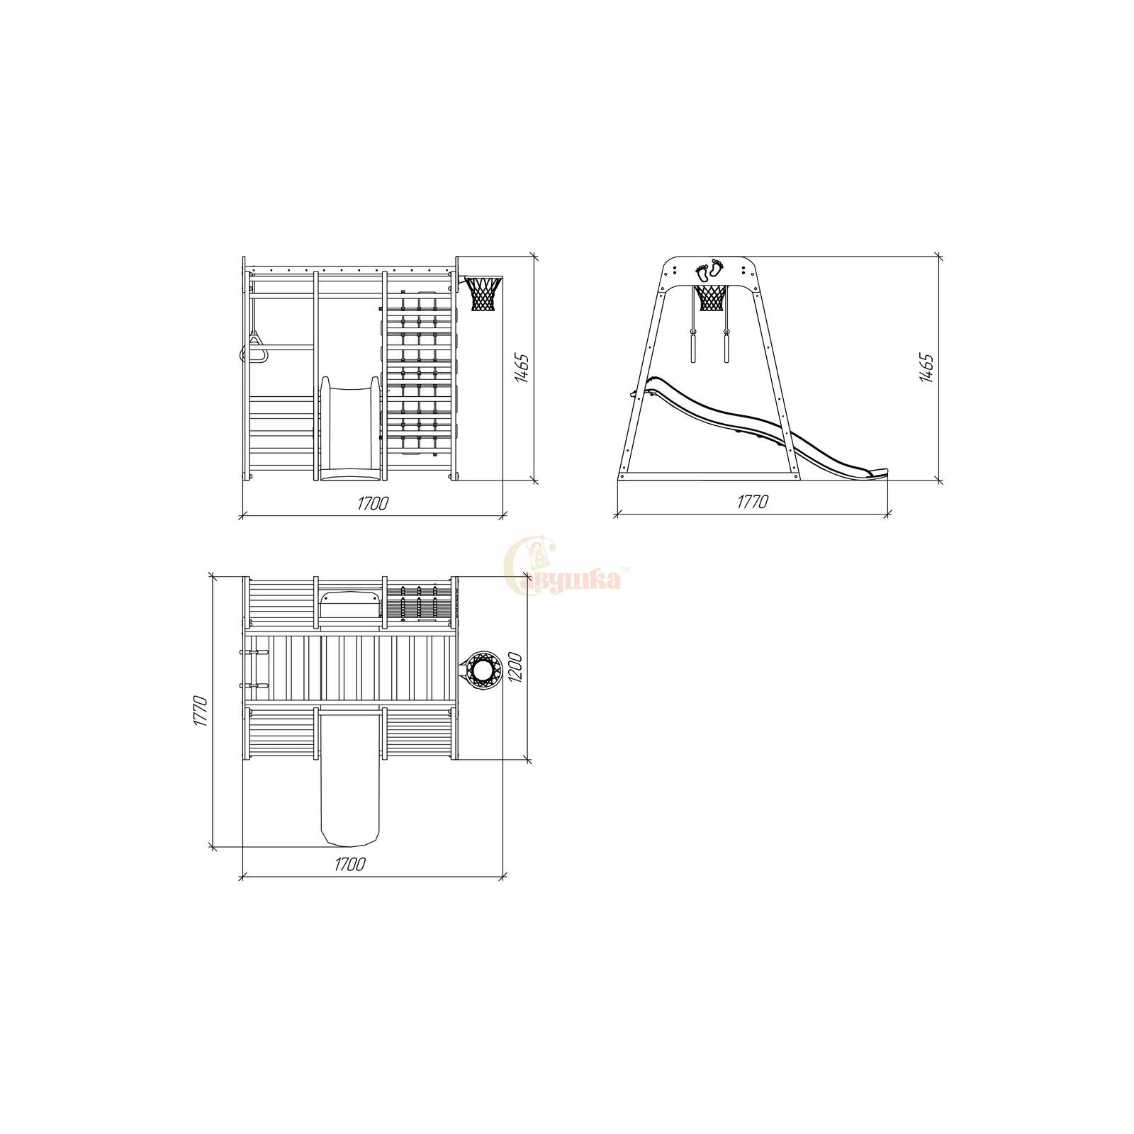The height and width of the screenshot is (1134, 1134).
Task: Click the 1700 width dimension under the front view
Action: pos(373,503)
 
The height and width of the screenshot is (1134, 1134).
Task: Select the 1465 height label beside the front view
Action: pos(522,368)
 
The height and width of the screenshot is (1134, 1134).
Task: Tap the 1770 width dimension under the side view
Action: pos(753,503)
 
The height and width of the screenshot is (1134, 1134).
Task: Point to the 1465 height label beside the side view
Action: pos(926,367)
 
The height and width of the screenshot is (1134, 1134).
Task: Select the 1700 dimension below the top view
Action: pos(350,865)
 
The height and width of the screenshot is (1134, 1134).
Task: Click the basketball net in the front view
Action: pos(485,293)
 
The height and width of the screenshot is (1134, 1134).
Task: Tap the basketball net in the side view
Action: pos(711,298)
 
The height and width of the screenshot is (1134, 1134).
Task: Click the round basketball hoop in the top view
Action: pos(484,669)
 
